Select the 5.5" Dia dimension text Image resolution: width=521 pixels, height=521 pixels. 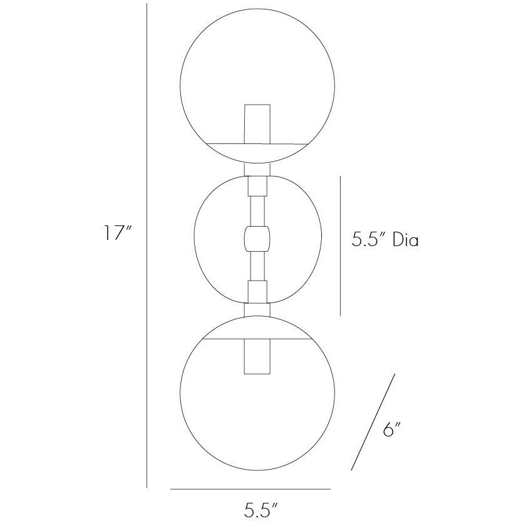click(384, 240)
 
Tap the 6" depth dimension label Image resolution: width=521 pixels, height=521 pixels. click(391, 430)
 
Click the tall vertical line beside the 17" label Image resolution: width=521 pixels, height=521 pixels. click(147, 244)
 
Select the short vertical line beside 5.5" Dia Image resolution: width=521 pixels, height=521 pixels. click(340, 245)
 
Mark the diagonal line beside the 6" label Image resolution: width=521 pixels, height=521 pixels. click(373, 421)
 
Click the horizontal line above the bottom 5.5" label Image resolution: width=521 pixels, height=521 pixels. click(250, 488)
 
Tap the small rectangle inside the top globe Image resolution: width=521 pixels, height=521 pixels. click(257, 122)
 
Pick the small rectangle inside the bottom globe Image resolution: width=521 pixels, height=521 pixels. click(257, 356)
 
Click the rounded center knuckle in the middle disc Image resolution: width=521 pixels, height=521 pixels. click(257, 239)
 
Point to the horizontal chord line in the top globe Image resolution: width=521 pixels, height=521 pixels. click(257, 143)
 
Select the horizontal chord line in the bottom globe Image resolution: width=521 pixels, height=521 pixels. click(257, 339)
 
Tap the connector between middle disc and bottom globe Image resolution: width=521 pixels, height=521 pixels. click(257, 308)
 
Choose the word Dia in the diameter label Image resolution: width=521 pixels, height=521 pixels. click(405, 240)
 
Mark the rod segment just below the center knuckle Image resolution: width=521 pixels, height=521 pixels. click(257, 266)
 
